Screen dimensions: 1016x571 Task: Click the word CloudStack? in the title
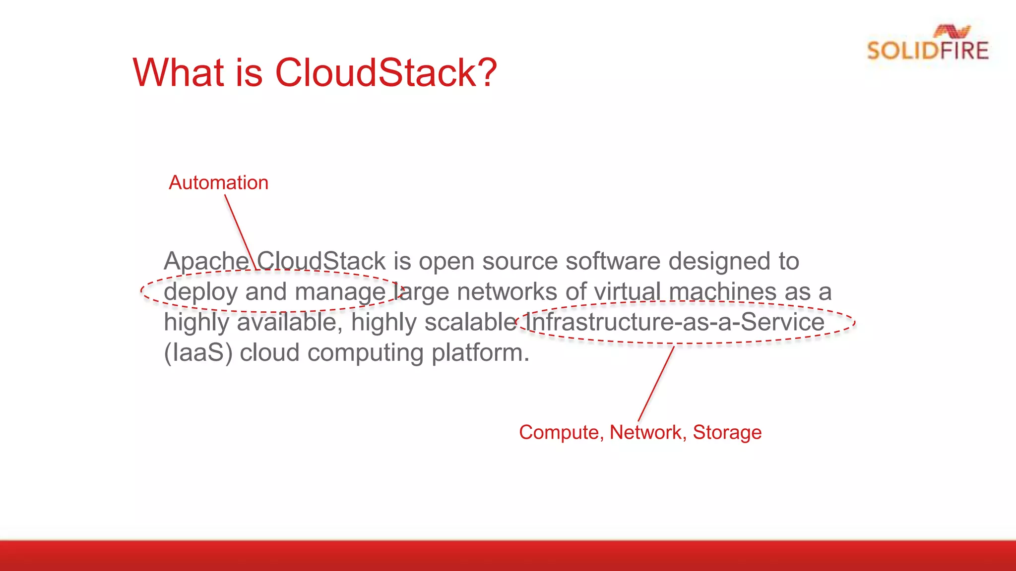pyautogui.click(x=385, y=73)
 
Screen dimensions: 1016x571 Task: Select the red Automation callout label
pyautogui.click(x=218, y=183)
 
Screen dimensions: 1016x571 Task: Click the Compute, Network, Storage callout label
pyautogui.click(x=640, y=432)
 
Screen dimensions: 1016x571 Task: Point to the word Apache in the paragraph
pyautogui.click(x=206, y=261)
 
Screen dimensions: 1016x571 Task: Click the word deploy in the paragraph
pyautogui.click(x=200, y=292)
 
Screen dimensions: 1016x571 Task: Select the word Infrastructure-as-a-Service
pyautogui.click(x=675, y=322)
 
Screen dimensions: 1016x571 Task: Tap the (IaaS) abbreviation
pyautogui.click(x=198, y=353)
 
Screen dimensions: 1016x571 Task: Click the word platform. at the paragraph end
pyautogui.click(x=480, y=353)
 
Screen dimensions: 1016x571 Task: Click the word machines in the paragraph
pyautogui.click(x=722, y=292)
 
